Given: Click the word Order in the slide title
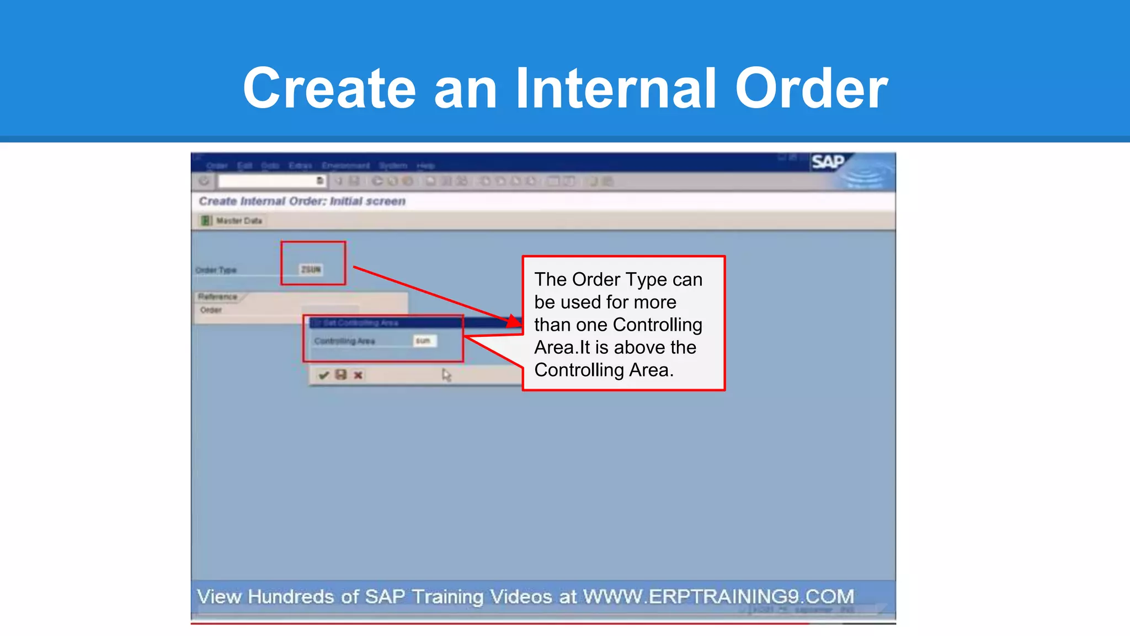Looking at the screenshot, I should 811,88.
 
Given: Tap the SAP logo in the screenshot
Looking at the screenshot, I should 828,162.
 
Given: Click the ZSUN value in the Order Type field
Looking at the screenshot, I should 311,269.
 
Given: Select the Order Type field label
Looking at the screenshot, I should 216,270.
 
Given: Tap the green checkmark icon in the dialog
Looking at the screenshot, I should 324,375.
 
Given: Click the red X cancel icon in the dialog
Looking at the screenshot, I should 358,375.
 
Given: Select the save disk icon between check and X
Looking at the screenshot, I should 341,375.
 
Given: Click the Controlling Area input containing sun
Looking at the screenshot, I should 424,341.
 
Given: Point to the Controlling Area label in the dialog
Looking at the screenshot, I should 344,341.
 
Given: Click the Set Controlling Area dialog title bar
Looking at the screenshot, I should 386,323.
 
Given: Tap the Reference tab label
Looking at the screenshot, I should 218,297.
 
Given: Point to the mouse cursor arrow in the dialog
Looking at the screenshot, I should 446,375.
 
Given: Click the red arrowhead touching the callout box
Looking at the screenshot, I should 514,321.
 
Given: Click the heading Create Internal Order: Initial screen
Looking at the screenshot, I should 302,202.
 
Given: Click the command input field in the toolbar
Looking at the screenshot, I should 267,181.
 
